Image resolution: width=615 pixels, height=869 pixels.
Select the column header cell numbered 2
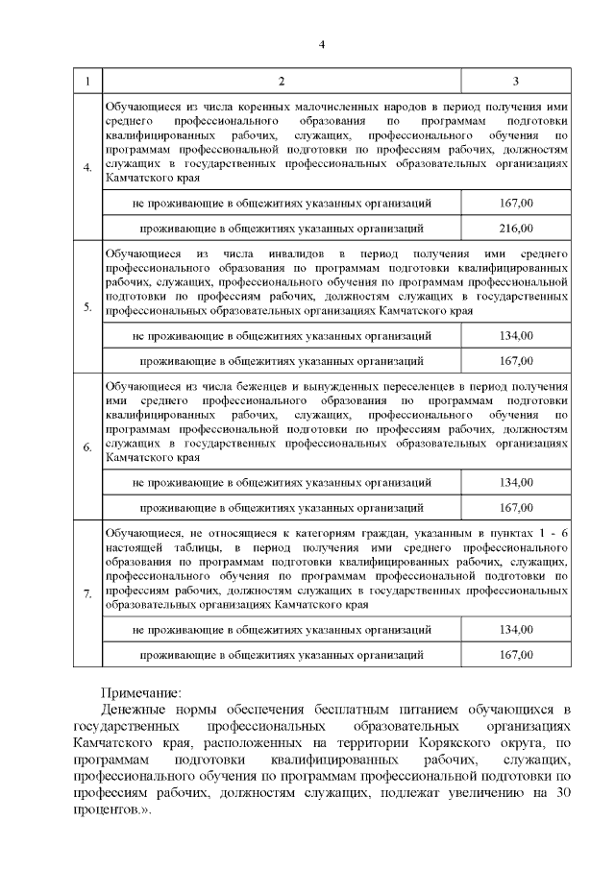click(x=282, y=81)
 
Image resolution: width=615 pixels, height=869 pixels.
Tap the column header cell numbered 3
click(x=517, y=81)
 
